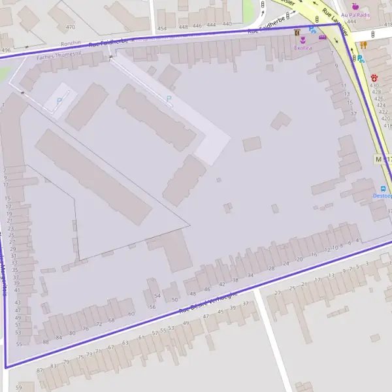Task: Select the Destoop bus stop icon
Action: click(x=383, y=195)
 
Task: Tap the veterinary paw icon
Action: click(x=374, y=77)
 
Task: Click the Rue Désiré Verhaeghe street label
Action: click(x=214, y=302)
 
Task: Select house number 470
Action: click(x=70, y=27)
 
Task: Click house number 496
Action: click(x=6, y=50)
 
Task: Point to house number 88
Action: click(x=45, y=342)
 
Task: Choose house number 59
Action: click(x=19, y=387)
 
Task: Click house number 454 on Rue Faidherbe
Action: click(x=162, y=29)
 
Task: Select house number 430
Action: click(x=374, y=85)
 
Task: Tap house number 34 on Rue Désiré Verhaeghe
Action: click(x=250, y=275)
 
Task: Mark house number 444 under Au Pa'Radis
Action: click(x=351, y=22)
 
